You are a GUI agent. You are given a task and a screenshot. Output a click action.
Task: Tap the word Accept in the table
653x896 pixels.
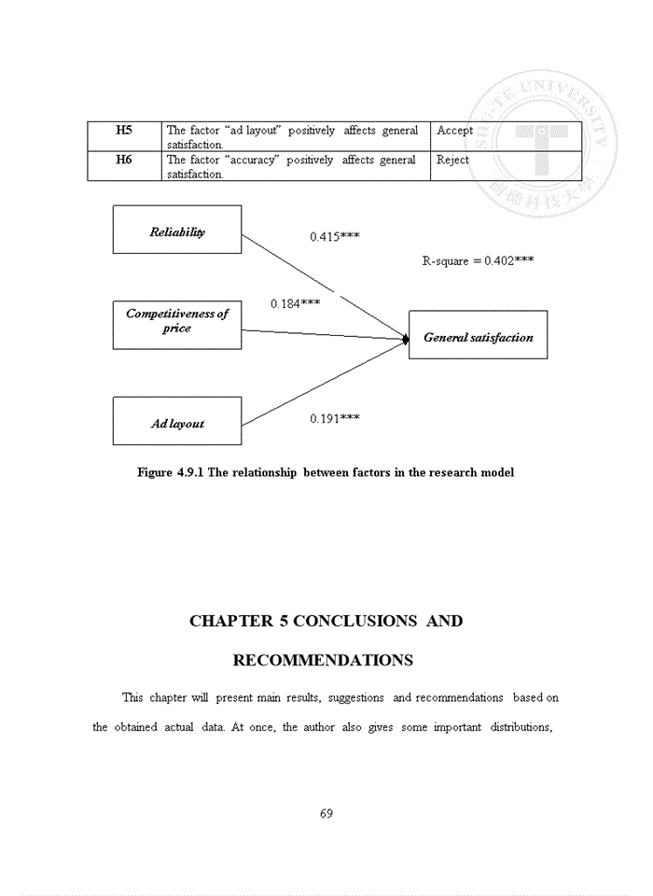(454, 131)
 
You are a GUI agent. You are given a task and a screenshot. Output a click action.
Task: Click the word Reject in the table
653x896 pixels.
(452, 161)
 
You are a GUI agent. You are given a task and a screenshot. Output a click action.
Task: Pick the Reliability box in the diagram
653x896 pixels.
(177, 231)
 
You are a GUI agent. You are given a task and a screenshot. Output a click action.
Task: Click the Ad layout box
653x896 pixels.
(177, 422)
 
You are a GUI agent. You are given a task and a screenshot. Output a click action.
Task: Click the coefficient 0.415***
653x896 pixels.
(335, 237)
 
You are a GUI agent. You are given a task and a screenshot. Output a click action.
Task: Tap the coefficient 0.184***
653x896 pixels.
(296, 304)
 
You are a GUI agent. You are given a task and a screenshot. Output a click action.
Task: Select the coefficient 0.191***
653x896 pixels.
(335, 419)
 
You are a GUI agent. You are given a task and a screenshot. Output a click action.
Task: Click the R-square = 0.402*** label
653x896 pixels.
(478, 261)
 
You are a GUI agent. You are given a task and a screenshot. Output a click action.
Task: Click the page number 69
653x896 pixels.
(326, 813)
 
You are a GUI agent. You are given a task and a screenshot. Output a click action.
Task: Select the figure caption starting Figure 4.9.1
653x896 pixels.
(326, 472)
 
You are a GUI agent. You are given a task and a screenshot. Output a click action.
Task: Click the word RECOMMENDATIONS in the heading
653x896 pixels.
(323, 661)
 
